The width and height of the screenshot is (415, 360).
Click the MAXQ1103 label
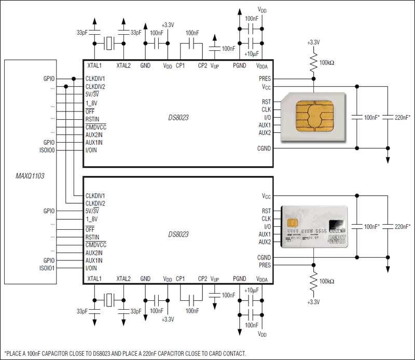(x=30, y=176)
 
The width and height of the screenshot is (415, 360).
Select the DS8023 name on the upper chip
(x=178, y=118)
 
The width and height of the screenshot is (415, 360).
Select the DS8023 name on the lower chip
(x=178, y=234)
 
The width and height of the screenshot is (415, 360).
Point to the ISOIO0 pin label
(x=47, y=150)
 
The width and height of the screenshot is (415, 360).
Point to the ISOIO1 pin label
(x=47, y=268)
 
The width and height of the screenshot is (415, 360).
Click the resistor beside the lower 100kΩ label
(x=313, y=283)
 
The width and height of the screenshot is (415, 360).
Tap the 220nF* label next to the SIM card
(x=403, y=117)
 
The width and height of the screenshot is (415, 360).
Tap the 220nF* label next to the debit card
(x=403, y=227)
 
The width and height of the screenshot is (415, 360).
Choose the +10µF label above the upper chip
(x=251, y=53)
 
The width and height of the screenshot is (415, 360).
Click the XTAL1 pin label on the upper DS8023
(x=94, y=66)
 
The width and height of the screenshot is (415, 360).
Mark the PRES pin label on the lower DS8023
(x=265, y=265)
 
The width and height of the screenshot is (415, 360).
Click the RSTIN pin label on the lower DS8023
(x=92, y=237)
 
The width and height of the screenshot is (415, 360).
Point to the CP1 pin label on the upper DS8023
(x=181, y=66)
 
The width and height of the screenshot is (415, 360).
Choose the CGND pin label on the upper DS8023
(x=264, y=148)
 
